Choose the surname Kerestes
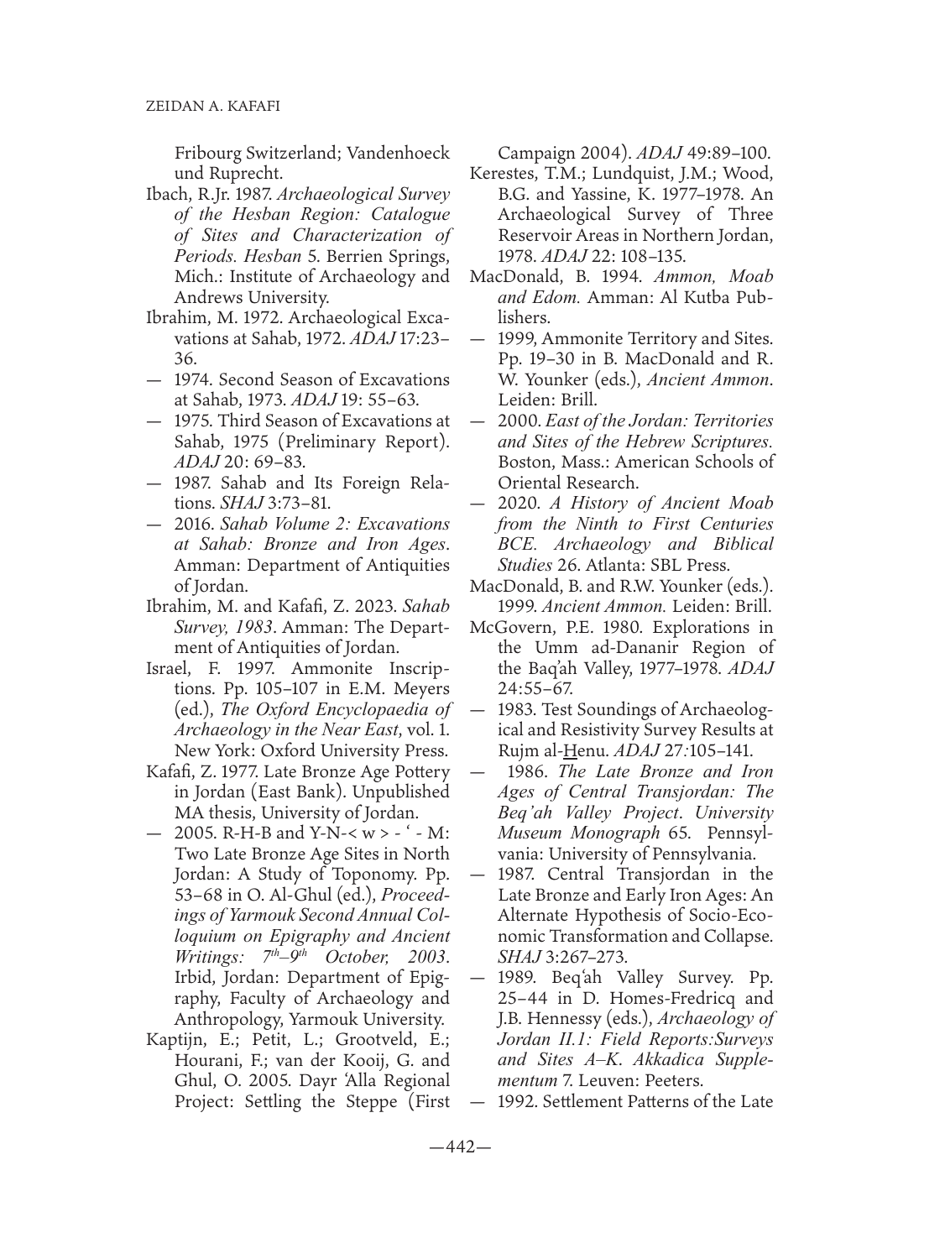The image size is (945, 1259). point(502,175)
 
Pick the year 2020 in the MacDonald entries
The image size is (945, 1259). point(516,504)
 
